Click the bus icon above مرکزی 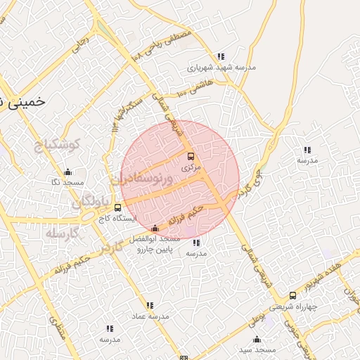click(x=191, y=156)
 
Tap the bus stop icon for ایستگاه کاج click(x=117, y=207)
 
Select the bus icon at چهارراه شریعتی click(x=292, y=296)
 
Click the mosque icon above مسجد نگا click(x=67, y=172)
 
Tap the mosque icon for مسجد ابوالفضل click(x=155, y=228)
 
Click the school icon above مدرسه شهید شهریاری click(x=221, y=56)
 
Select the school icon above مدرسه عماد click(x=149, y=305)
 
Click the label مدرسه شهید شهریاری click(x=219, y=68)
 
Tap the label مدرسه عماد click(x=149, y=316)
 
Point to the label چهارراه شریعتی click(x=292, y=307)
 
